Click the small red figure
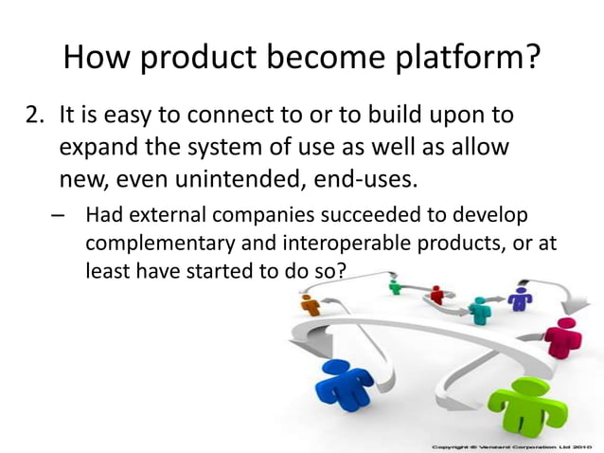tap(436, 295)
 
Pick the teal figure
tap(482, 309)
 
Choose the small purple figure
tap(520, 298)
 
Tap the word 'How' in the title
tap(93, 59)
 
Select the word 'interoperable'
tap(309, 244)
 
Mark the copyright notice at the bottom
tap(513, 445)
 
